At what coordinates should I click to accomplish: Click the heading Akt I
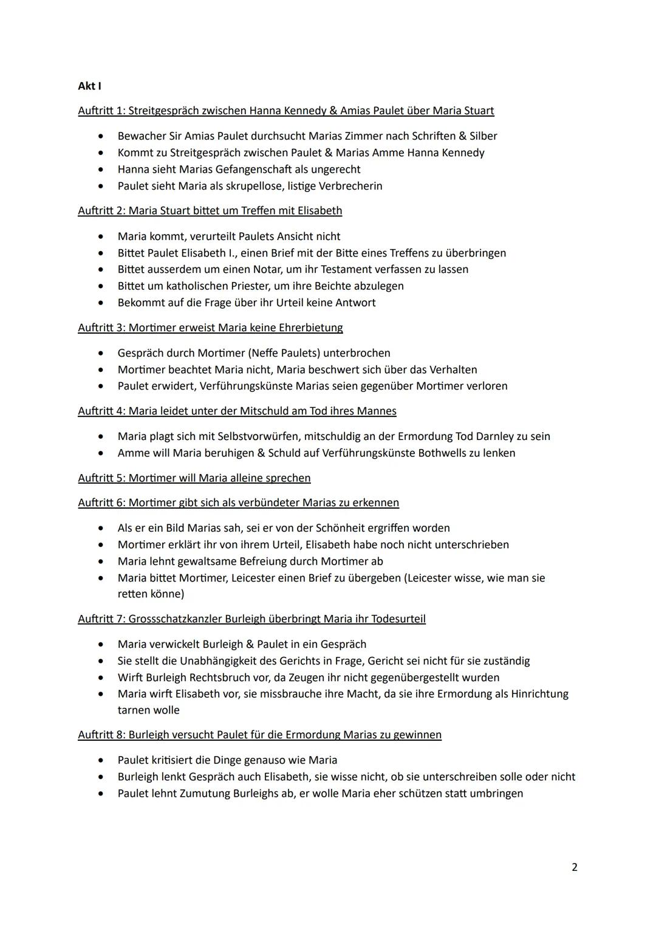tap(89, 86)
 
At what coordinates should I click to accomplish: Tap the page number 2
tap(575, 867)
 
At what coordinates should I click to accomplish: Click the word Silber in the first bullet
tap(483, 136)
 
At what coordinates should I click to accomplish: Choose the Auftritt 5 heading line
tap(194, 478)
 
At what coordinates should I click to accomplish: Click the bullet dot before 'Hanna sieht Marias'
tap(101, 170)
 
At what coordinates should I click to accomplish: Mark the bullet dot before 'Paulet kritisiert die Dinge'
tap(101, 760)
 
